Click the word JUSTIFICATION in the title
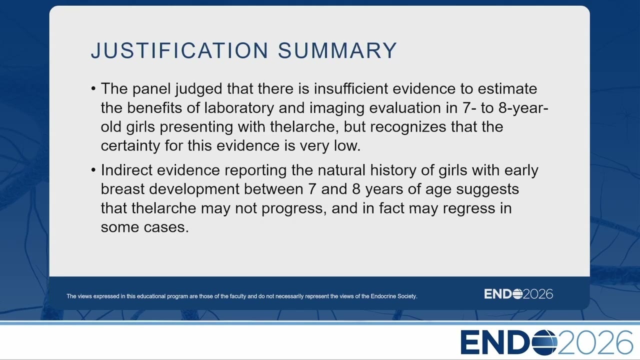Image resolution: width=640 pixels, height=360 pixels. tap(179, 50)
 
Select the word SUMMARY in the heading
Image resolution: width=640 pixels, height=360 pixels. tap(337, 50)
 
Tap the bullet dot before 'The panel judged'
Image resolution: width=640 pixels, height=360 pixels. tap(93, 88)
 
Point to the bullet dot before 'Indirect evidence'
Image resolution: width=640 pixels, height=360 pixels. tap(93, 170)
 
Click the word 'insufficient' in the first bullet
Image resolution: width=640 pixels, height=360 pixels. tap(351, 88)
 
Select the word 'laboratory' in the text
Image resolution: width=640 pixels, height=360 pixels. tap(239, 108)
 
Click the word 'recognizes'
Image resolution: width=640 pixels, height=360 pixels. tap(408, 127)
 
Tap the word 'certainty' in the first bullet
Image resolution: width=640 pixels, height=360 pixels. tap(130, 145)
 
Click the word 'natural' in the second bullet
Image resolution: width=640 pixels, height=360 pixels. tap(341, 170)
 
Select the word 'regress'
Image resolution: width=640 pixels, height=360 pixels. tap(469, 208)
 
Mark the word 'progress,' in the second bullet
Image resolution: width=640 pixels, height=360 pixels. tap(294, 208)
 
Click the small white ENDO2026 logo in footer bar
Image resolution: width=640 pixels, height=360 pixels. tap(518, 294)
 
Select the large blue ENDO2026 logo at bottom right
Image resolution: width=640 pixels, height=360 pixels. tap(546, 342)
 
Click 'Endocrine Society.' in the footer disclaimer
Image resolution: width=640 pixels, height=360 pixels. tap(393, 296)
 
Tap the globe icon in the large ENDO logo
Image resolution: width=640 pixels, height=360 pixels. tap(544, 342)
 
